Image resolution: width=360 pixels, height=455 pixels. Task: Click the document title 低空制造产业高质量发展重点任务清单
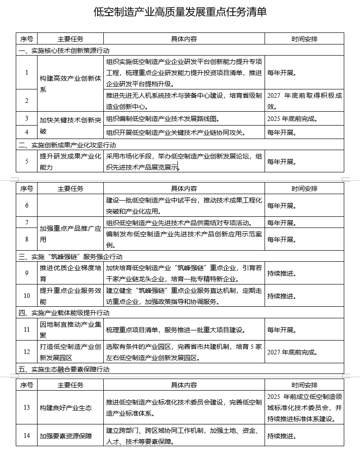coord(180,12)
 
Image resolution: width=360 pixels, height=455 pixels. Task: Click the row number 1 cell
coord(27,72)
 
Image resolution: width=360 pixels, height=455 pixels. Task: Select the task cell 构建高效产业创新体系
coord(70,83)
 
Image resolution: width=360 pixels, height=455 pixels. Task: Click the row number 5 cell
coord(27,161)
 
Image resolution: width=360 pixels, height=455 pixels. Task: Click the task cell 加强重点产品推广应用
coord(70,234)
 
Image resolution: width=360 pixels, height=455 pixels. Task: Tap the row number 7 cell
coord(27,222)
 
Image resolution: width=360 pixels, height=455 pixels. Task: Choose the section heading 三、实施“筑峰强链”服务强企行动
coord(70,256)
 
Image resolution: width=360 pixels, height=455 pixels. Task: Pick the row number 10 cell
coord(27,296)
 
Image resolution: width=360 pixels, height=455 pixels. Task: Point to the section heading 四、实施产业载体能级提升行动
coord(64,313)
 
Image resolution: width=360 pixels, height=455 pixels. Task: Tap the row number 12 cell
coord(27,352)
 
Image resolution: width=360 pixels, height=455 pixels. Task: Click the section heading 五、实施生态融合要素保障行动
coord(64,369)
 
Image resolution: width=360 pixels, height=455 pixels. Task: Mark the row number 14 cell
coord(27,436)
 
